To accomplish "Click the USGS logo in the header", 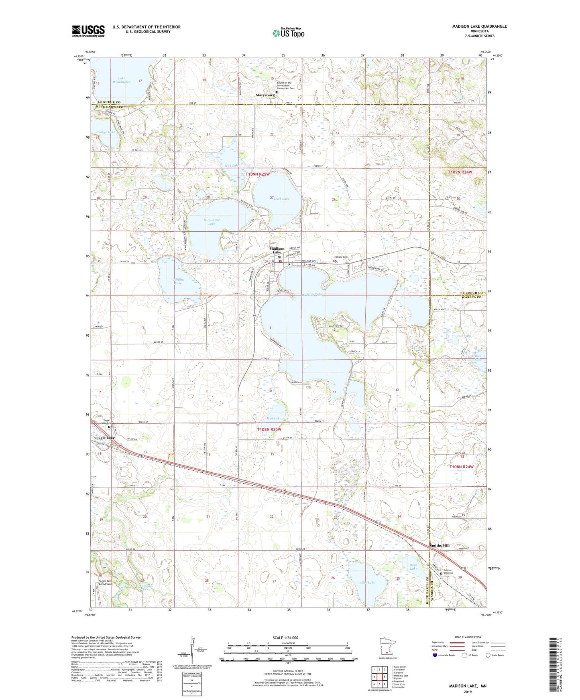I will tap(88, 31).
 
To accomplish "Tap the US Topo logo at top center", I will tap(288, 33).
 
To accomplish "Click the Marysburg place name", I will tap(265, 95).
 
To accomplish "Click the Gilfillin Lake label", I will tap(178, 281).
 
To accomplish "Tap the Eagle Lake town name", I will tap(106, 438).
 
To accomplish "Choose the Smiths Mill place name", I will tap(440, 545).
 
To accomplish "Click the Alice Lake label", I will tap(366, 583).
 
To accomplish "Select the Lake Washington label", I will tap(122, 80).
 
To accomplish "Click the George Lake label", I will tap(106, 132).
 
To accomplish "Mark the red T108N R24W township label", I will tap(462, 467).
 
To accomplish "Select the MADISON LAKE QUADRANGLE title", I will tap(479, 26).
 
